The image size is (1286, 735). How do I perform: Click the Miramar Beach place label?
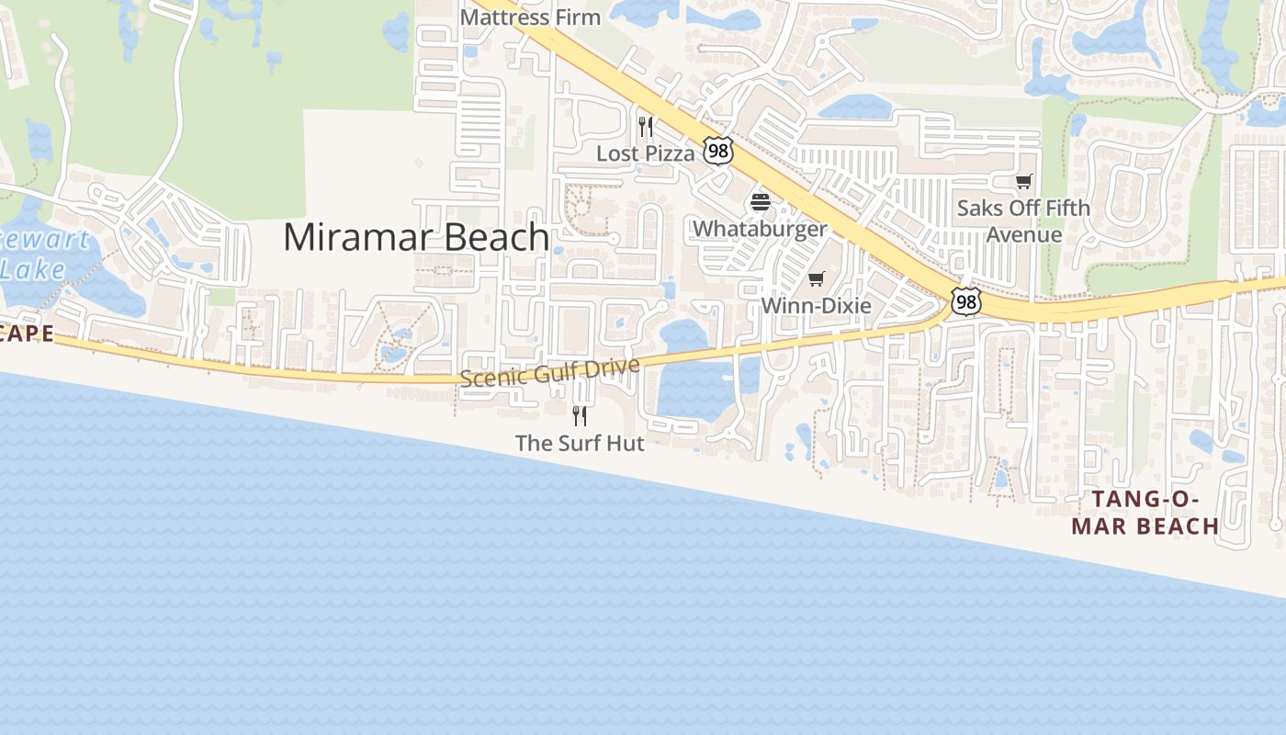tap(416, 237)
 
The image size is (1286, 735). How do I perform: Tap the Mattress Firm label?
tap(530, 17)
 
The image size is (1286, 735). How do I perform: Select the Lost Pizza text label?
tap(646, 153)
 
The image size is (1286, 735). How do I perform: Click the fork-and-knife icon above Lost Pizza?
tap(646, 126)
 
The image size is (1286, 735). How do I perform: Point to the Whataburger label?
tap(760, 228)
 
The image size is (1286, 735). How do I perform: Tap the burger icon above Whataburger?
tap(760, 202)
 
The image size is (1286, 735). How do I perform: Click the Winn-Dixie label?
tap(816, 305)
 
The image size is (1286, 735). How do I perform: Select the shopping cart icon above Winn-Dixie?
tap(816, 278)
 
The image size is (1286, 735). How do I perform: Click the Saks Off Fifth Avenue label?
tap(1023, 221)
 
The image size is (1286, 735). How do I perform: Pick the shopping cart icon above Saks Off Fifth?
tap(1023, 181)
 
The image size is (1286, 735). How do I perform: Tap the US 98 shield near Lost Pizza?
tap(718, 151)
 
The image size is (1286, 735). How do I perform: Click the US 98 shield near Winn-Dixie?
tap(964, 300)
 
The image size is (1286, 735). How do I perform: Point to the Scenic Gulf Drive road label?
tap(549, 371)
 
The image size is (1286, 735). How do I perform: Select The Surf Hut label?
tap(580, 443)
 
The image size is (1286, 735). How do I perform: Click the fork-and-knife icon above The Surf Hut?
tap(580, 415)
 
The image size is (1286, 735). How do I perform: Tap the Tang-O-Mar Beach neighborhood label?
tap(1145, 513)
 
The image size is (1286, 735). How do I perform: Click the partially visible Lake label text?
tap(32, 269)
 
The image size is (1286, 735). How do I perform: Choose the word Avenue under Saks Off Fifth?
tap(1023, 235)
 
